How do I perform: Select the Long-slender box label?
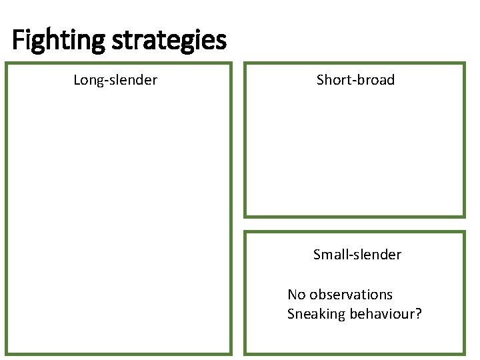tap(115, 80)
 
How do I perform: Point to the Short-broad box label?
tap(355, 80)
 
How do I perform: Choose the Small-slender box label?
tap(357, 255)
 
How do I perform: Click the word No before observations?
tap(297, 295)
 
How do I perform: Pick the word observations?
tap(351, 295)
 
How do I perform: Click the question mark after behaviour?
tap(419, 314)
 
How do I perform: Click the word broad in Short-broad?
tap(376, 80)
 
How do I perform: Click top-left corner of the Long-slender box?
tap(7, 64)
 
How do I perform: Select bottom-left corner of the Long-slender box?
tap(7, 353)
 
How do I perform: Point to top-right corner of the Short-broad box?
tap(463, 64)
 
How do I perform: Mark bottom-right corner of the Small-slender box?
tap(463, 353)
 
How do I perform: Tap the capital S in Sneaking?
tap(291, 314)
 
